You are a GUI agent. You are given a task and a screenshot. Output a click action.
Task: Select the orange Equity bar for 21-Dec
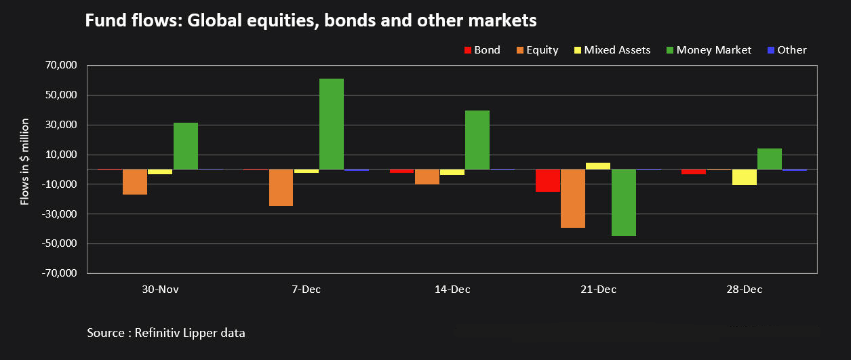point(573,198)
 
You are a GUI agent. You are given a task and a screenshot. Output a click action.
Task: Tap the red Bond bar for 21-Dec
point(548,180)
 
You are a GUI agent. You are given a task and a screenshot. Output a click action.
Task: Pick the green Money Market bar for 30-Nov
point(186,146)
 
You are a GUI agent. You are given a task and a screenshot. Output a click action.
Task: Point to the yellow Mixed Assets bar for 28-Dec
point(745,177)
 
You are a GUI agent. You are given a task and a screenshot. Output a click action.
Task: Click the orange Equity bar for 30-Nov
point(135,182)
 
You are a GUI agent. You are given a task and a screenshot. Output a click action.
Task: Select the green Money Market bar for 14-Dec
point(477,140)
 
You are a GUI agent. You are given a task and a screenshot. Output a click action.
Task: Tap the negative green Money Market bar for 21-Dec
point(624,202)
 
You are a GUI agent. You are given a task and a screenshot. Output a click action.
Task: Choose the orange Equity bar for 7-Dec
point(281,187)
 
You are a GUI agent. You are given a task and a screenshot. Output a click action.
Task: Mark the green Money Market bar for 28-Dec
point(770,159)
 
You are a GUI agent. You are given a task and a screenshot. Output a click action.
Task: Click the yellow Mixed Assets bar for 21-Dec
point(598,165)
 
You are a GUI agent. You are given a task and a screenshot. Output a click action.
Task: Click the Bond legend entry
point(481,50)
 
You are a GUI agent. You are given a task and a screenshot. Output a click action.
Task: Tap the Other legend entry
point(787,50)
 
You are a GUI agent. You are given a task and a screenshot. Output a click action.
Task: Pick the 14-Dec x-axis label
point(452,289)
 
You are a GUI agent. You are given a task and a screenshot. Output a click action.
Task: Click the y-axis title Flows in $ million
point(25,161)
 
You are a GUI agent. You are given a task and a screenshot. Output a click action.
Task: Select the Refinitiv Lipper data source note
point(166,333)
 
